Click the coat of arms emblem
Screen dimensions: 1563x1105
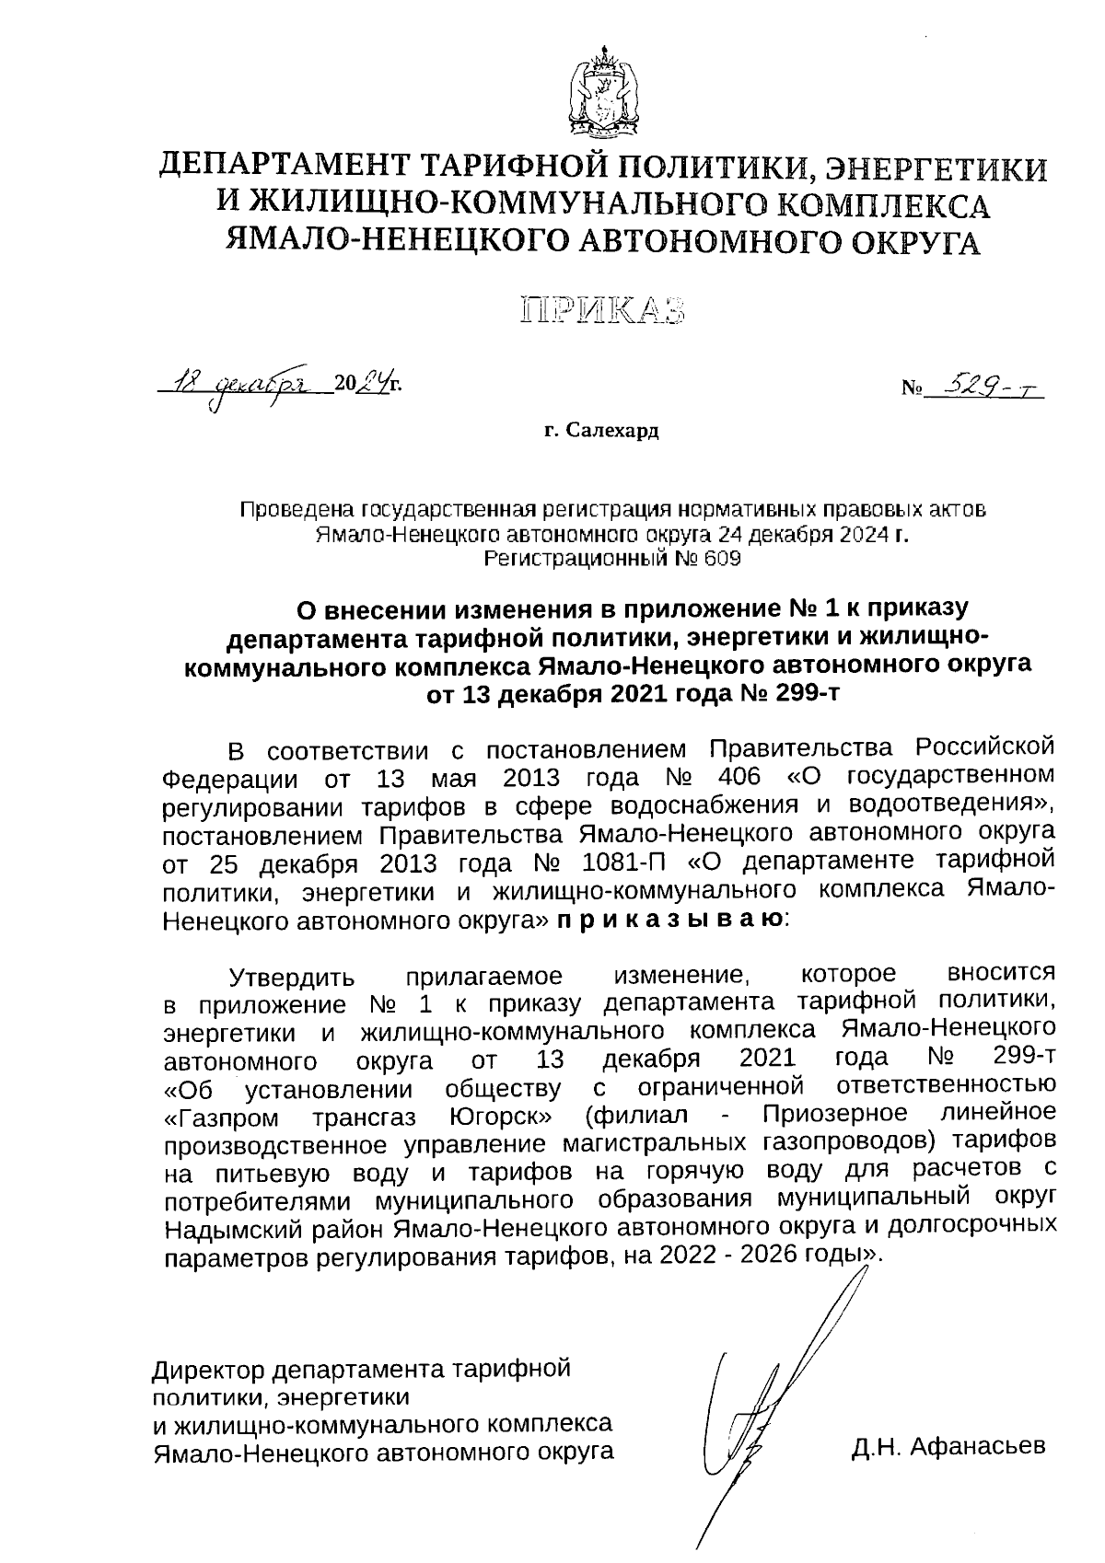point(603,93)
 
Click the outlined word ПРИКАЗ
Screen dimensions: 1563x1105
point(603,310)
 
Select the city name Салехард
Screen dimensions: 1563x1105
point(613,430)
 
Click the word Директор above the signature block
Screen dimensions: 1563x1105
point(208,1369)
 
